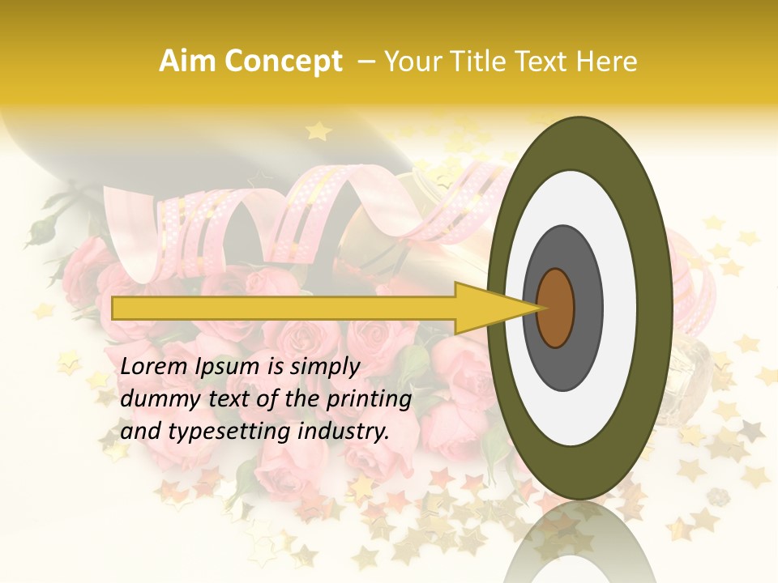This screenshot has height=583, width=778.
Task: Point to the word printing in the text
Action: [x=369, y=400]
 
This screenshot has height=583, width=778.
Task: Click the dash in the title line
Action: [x=365, y=62]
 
